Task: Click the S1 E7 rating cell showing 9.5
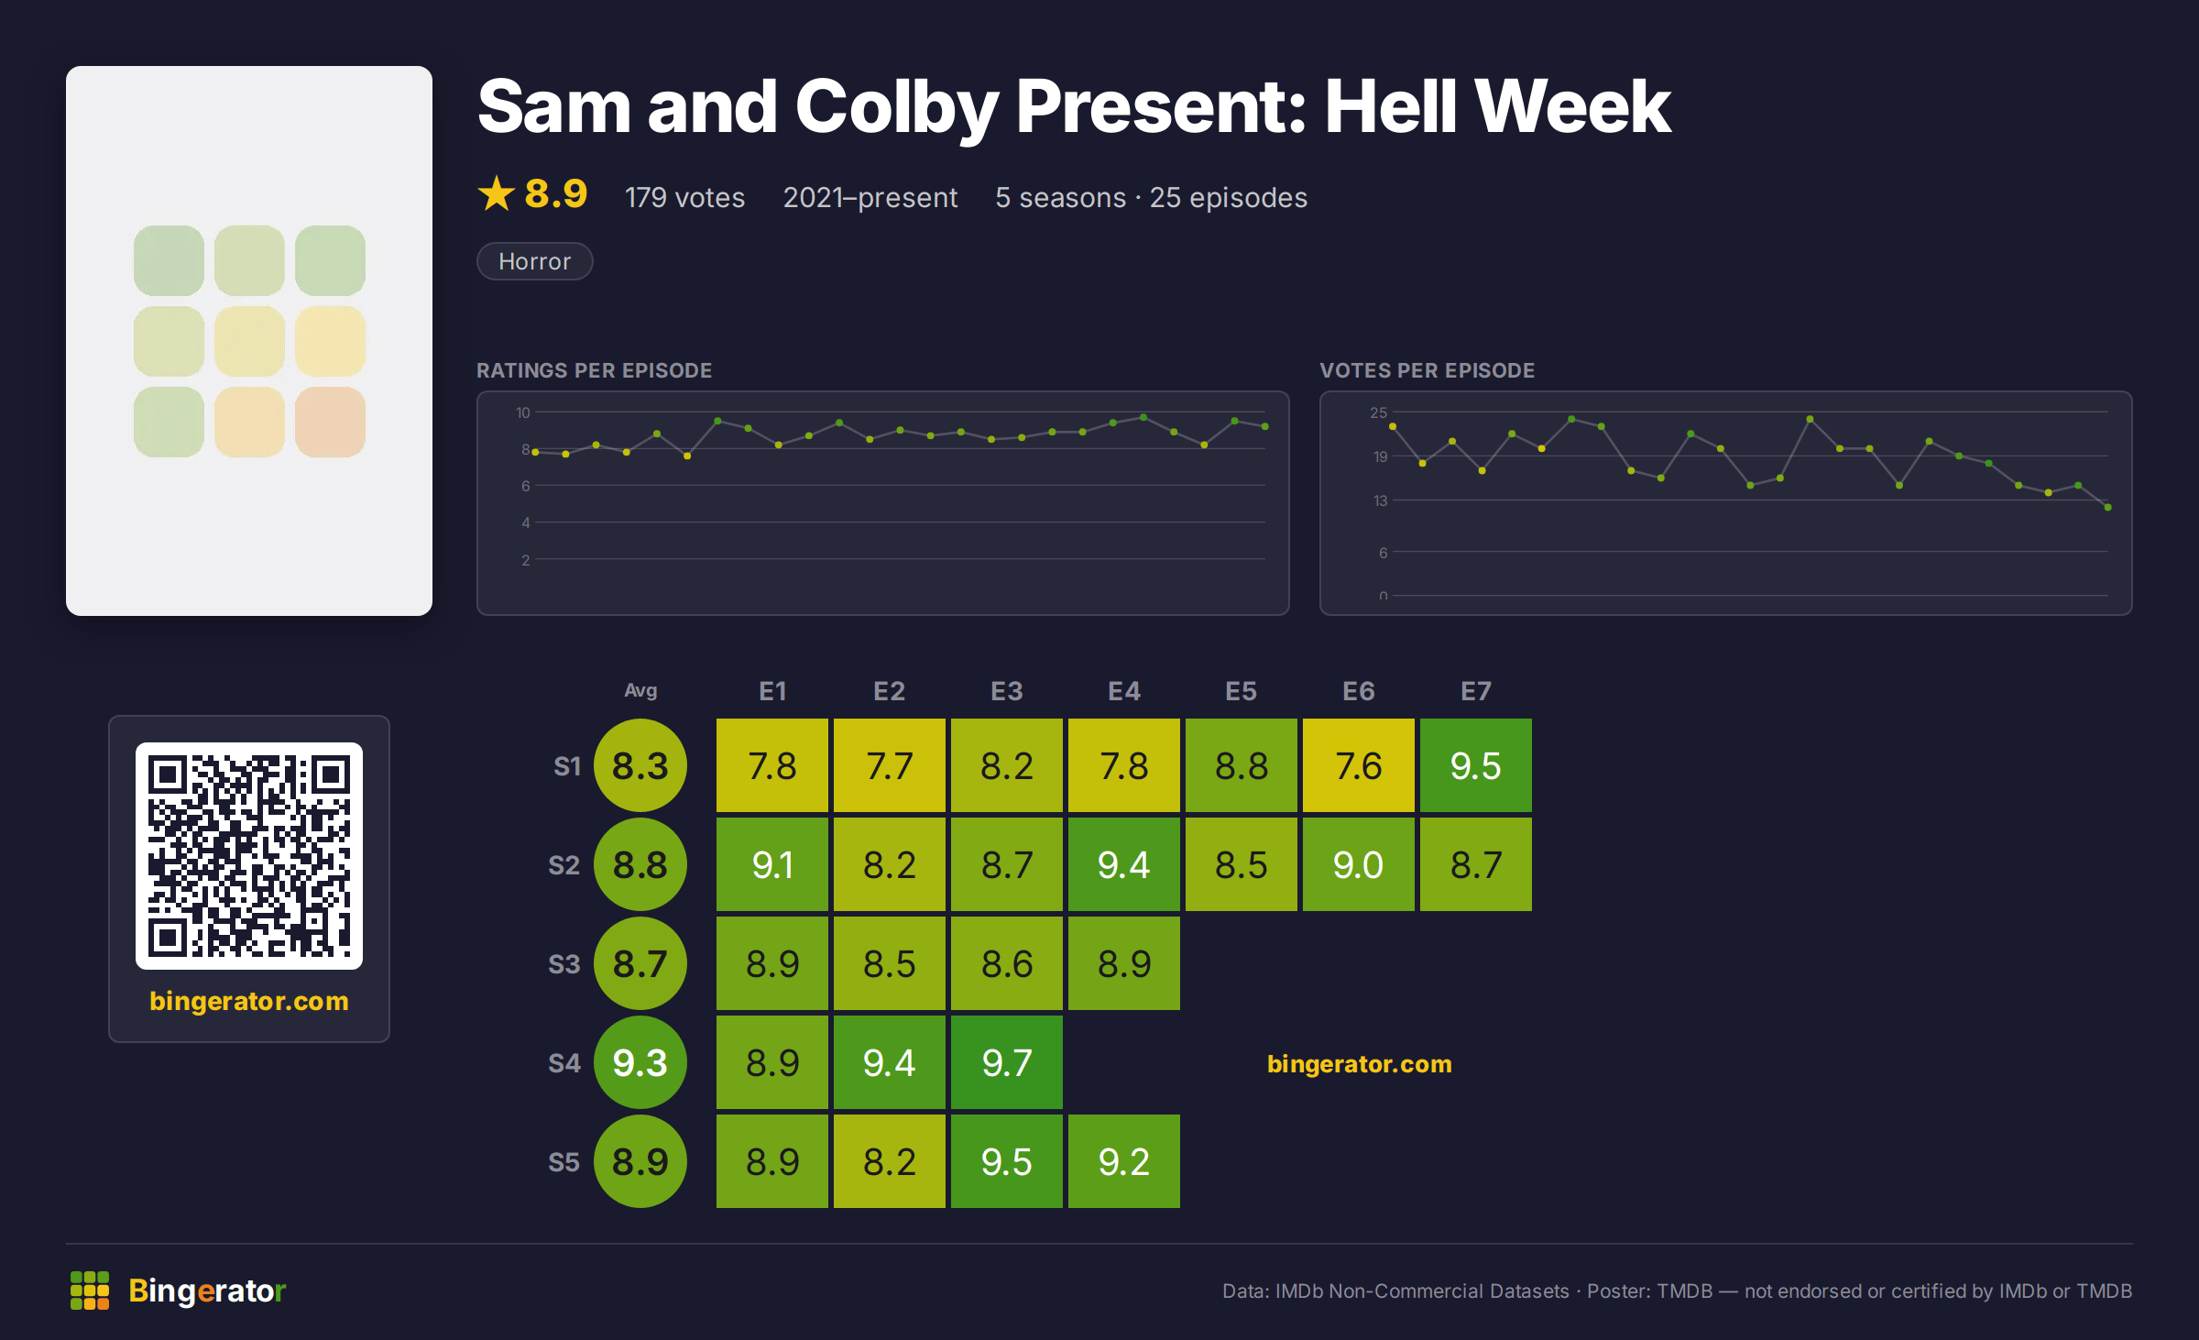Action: click(x=1475, y=765)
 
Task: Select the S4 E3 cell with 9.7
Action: click(x=1006, y=1062)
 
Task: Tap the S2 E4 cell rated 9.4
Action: click(x=1123, y=864)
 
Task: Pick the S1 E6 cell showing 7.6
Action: click(x=1358, y=765)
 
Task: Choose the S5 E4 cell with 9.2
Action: click(x=1123, y=1161)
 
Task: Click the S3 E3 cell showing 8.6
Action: click(x=1006, y=963)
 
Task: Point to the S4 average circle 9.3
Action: click(x=640, y=1062)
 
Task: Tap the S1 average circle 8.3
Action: click(x=640, y=765)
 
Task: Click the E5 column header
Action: click(x=1241, y=691)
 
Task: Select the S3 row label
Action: click(x=563, y=964)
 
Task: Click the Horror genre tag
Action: click(x=535, y=261)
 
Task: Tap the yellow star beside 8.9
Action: click(x=497, y=193)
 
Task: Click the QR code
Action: click(x=249, y=856)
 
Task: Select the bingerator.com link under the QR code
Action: click(x=249, y=1001)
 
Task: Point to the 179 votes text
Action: click(x=684, y=197)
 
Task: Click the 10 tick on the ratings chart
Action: click(x=523, y=412)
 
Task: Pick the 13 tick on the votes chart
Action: click(x=1380, y=500)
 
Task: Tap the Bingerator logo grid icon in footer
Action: click(x=90, y=1291)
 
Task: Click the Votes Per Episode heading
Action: click(x=1427, y=370)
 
